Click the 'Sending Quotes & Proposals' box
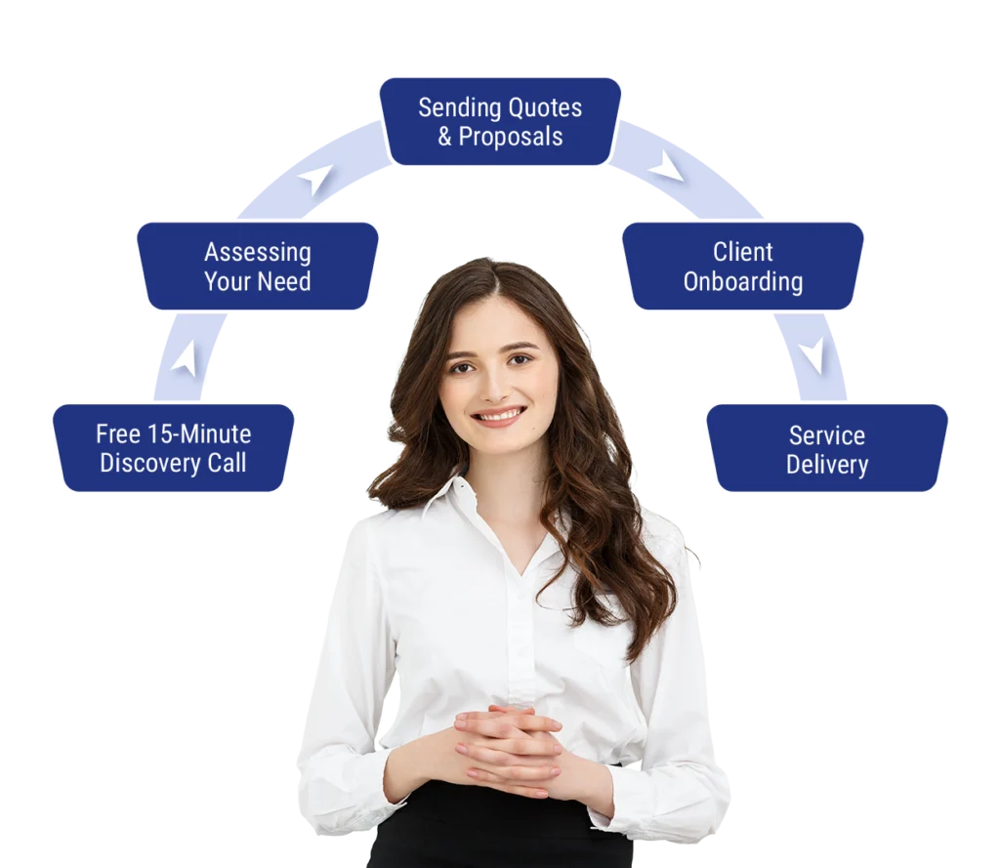tap(500, 122)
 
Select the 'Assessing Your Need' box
tap(257, 267)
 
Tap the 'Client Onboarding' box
tap(743, 267)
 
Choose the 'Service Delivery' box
tap(827, 449)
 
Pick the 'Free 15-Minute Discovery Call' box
tap(173, 448)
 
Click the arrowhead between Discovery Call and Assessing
tap(185, 359)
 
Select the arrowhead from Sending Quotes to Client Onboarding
tap(666, 167)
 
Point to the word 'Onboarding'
tap(743, 282)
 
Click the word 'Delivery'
tap(827, 465)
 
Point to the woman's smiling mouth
tap(499, 417)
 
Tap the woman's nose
tap(494, 384)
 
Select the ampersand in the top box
tap(445, 138)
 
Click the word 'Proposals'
tap(511, 138)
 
